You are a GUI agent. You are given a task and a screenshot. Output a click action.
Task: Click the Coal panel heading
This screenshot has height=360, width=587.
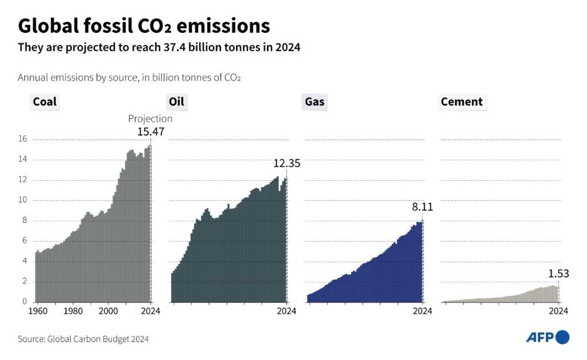pos(45,102)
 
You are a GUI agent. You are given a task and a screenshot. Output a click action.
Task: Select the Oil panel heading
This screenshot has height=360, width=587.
pos(176,102)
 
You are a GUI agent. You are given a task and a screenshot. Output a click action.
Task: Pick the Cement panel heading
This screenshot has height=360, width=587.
pos(461,102)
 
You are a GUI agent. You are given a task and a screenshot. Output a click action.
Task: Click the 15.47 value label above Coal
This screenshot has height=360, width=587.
pos(151,132)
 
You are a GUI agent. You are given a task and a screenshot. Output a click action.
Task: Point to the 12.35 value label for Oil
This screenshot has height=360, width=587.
pos(287,164)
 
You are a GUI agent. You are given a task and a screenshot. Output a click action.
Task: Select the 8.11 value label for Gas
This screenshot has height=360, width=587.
pos(422,207)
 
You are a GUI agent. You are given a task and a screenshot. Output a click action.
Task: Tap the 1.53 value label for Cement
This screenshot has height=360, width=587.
pos(558,273)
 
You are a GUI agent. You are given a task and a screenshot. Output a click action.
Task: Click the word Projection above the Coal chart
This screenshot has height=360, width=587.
pos(150,118)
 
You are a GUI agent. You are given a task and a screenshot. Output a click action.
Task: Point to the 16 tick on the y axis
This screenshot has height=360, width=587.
pos(23,139)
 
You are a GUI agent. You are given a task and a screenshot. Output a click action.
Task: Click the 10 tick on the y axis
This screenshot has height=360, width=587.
pos(23,200)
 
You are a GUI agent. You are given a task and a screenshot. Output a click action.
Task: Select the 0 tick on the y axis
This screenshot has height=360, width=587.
pos(24,302)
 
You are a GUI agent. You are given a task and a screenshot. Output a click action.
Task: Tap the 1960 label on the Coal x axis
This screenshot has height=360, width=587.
pos(37,311)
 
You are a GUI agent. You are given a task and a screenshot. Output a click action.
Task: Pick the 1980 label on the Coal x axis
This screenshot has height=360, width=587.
pos(73,311)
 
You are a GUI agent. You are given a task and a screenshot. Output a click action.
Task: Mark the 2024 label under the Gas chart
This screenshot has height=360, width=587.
pos(422,311)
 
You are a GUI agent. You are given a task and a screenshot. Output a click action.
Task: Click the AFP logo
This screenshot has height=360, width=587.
pos(548,337)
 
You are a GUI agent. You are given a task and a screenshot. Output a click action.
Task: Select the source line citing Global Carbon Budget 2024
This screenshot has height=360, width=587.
pos(83,339)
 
